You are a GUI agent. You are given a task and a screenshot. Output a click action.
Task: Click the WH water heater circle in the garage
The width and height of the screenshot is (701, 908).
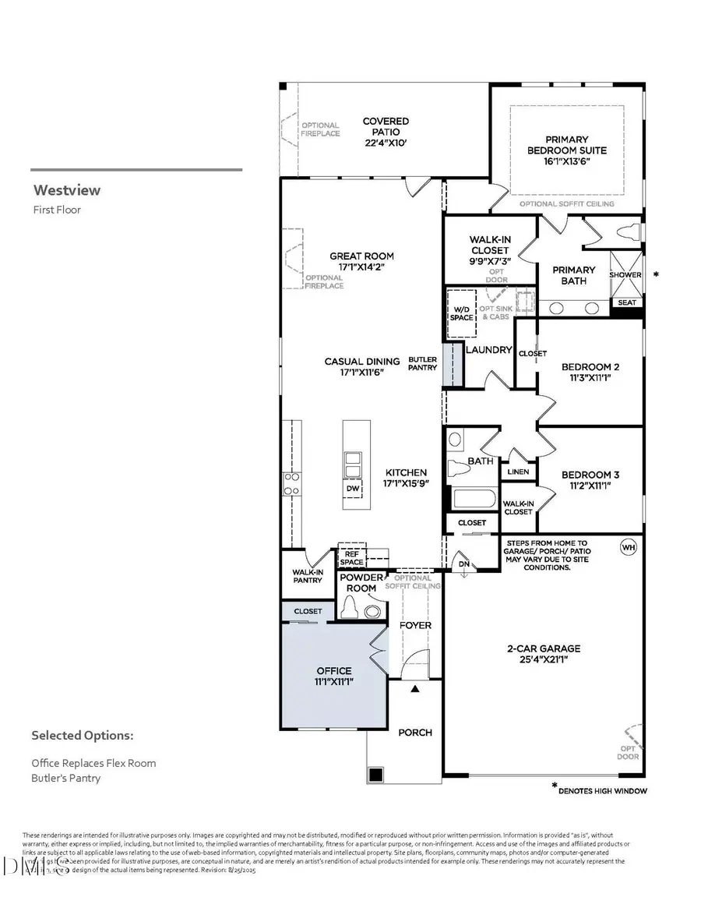pyautogui.click(x=628, y=547)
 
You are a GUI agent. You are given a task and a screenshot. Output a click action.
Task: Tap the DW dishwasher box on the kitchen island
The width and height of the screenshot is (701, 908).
pyautogui.click(x=353, y=488)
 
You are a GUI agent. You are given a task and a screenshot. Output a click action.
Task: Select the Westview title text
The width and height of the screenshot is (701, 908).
pyautogui.click(x=67, y=190)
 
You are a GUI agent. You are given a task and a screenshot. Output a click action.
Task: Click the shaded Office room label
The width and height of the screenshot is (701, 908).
pyautogui.click(x=333, y=676)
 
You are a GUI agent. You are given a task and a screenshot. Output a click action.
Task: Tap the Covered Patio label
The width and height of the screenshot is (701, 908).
pyautogui.click(x=386, y=132)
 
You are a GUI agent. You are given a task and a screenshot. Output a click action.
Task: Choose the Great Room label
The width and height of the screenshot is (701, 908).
pyautogui.click(x=361, y=261)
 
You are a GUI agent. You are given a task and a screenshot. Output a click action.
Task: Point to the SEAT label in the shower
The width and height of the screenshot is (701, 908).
pyautogui.click(x=626, y=302)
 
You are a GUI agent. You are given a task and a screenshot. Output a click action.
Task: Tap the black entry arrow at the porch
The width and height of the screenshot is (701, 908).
pyautogui.click(x=415, y=689)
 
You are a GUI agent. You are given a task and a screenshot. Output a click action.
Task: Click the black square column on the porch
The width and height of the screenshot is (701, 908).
pyautogui.click(x=376, y=775)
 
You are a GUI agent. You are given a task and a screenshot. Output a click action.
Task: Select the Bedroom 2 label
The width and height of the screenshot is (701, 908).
pyautogui.click(x=590, y=372)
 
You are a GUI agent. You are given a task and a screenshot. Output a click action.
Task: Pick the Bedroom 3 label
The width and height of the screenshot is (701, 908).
pyautogui.click(x=589, y=479)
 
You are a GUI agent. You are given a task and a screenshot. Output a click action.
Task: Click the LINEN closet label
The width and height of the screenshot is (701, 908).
pyautogui.click(x=518, y=472)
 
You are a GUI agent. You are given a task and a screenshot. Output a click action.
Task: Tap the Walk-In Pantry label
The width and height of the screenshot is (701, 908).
pyautogui.click(x=308, y=576)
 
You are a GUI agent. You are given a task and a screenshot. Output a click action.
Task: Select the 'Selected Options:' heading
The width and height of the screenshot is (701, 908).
pyautogui.click(x=83, y=735)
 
